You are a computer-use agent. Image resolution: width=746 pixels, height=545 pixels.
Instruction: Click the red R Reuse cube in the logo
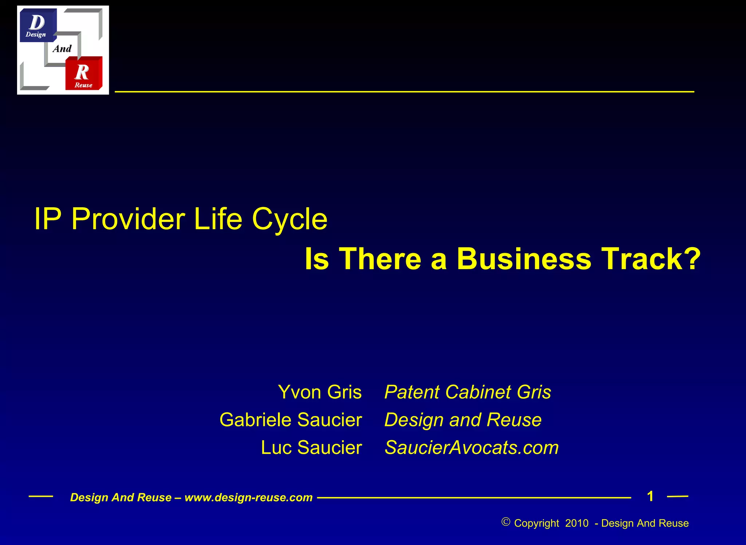pos(83,74)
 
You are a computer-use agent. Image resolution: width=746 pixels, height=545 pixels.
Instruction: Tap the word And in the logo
pos(62,49)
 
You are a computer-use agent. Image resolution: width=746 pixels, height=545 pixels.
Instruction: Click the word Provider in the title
pos(128,219)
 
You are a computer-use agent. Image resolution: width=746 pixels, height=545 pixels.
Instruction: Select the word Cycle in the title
pos(290,219)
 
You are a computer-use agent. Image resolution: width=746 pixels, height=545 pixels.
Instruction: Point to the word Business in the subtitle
pos(524,259)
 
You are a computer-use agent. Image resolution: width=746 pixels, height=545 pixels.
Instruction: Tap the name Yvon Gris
pos(319,392)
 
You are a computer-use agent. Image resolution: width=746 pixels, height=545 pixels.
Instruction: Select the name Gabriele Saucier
pos(291,420)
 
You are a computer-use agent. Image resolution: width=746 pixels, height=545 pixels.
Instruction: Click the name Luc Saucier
pos(311,447)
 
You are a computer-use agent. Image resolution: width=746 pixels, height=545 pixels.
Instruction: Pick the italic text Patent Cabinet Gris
pos(468,392)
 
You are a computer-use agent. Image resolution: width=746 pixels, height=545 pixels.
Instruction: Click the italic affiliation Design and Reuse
pos(463,420)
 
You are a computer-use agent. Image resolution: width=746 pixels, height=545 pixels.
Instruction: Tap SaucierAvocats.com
pos(472,447)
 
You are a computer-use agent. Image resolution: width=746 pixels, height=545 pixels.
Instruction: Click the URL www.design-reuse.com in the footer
pos(248,498)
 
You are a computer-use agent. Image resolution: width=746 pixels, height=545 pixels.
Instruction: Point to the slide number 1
pos(650,496)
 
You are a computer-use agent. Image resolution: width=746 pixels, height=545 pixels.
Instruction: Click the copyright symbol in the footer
pos(506,522)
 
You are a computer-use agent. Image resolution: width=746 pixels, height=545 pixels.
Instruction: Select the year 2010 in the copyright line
pos(577,523)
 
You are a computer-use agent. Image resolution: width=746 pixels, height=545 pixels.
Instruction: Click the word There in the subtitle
pos(380,259)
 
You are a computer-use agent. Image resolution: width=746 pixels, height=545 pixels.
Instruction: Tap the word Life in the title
pos(218,219)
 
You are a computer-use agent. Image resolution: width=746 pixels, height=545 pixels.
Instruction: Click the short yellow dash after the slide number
pos(678,497)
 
